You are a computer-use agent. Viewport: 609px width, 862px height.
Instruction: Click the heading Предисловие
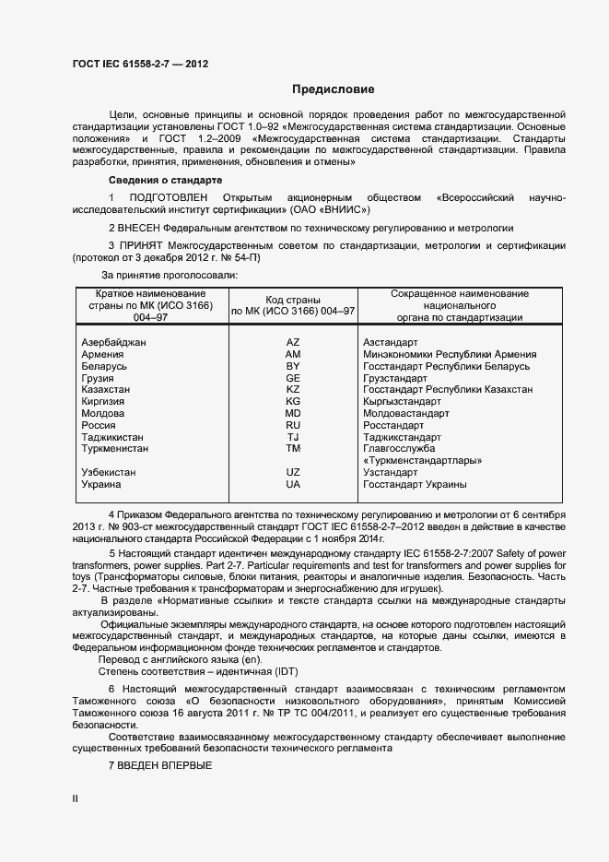click(x=333, y=89)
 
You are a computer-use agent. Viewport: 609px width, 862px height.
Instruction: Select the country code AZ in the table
click(x=293, y=342)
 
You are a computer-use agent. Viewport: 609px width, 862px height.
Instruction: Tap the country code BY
click(x=293, y=366)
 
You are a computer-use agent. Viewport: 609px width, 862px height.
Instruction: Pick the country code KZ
click(x=293, y=390)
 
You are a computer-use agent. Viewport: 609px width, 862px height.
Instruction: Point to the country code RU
click(x=293, y=425)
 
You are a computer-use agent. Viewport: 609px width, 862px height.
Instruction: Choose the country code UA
click(x=293, y=484)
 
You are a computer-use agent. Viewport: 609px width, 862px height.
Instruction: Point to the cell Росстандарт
click(x=393, y=425)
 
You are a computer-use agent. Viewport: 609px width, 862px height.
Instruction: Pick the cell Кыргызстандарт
click(x=402, y=402)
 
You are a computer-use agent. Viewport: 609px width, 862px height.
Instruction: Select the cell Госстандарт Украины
click(x=415, y=484)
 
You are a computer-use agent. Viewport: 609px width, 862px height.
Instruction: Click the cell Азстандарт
click(x=391, y=342)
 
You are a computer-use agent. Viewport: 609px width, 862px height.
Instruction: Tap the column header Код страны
click(x=293, y=300)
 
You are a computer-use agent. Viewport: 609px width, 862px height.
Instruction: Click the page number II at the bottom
click(x=75, y=799)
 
